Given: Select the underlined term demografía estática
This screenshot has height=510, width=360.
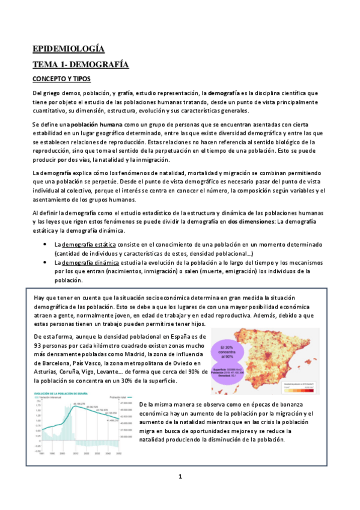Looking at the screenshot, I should [90, 245].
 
